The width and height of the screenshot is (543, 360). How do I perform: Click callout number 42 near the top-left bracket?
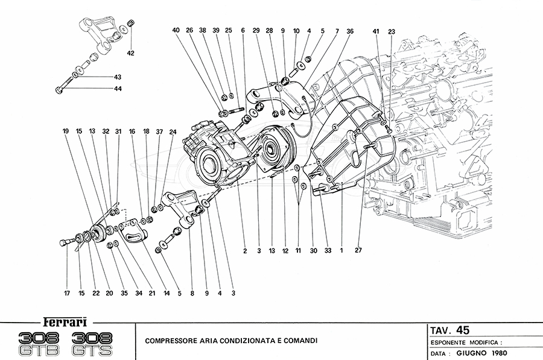130,53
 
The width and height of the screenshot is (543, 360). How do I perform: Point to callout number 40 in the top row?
176,30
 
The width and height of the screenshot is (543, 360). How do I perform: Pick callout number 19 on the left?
65,131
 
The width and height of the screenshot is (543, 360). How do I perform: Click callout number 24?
173,131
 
